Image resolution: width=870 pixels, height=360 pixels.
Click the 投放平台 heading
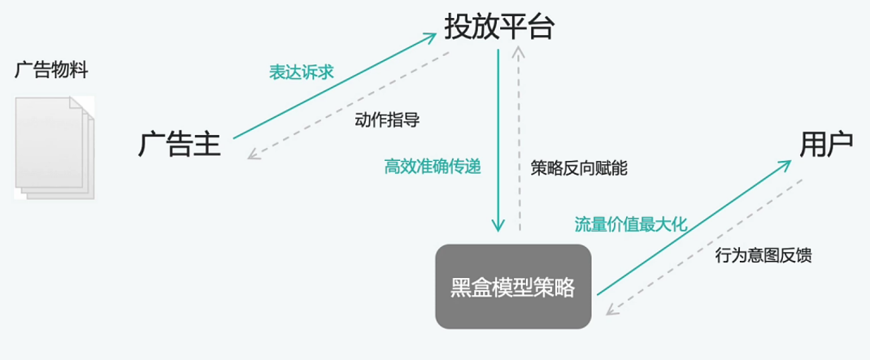click(498, 27)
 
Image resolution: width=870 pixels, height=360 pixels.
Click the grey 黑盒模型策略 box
click(512, 287)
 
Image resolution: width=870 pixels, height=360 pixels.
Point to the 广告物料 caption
click(51, 70)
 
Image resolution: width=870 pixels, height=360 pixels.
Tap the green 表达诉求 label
click(302, 72)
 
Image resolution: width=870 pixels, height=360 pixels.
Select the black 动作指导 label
click(387, 119)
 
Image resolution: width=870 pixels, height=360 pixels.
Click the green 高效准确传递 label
click(433, 167)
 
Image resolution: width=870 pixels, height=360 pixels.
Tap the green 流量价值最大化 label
click(631, 225)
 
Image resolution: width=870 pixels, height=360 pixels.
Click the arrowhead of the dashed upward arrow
click(520, 51)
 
